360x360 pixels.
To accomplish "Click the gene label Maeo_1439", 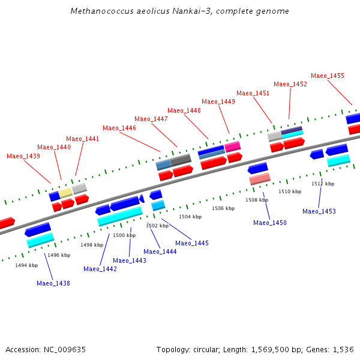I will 23,156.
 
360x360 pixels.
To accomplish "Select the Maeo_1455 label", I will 328,76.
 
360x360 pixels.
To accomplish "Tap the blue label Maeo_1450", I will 270,223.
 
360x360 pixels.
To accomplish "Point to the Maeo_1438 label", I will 53,283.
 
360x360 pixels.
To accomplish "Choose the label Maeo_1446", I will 119,128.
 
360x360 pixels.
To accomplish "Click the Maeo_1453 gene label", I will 319,211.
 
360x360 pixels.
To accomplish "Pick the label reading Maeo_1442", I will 100,269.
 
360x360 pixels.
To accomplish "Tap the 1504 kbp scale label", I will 190,217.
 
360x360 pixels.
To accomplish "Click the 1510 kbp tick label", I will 290,191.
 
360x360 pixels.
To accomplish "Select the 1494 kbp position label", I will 26,265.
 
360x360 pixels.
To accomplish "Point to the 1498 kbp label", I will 92,245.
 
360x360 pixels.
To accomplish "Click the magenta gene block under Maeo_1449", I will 232,146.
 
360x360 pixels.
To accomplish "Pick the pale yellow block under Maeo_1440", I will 65,193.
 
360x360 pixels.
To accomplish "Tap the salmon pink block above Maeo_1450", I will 260,179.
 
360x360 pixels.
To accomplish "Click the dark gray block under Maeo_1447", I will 181,160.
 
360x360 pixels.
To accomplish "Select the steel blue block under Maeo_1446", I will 163,164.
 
